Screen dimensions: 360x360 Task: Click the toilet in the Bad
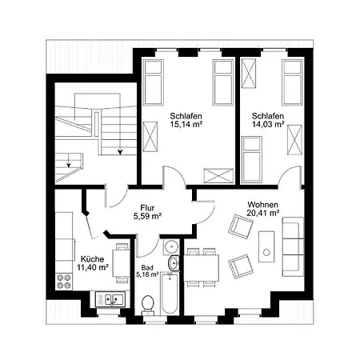tap(147, 305)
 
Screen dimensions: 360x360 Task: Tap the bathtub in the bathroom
tap(170, 294)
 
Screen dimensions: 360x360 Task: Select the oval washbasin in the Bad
tap(174, 263)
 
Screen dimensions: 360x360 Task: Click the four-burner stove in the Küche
tap(64, 282)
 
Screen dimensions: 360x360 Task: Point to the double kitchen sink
tap(110, 299)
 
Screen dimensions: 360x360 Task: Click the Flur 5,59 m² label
tap(147, 212)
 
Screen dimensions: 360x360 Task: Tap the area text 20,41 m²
tap(263, 213)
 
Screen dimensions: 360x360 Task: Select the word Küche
tap(93, 259)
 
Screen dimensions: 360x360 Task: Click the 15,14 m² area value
tap(186, 124)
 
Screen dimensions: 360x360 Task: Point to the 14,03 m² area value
tap(268, 124)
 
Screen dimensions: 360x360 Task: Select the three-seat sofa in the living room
tap(293, 246)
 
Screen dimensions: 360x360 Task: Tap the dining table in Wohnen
tap(202, 268)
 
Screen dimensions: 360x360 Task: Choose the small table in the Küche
tap(122, 263)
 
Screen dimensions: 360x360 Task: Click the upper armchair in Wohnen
tap(241, 226)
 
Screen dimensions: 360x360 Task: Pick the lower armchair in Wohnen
tap(241, 266)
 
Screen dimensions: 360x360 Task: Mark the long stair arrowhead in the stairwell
tap(121, 152)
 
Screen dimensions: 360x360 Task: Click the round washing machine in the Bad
tap(171, 246)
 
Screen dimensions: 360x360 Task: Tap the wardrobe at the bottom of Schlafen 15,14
tap(218, 176)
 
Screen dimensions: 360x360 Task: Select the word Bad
tap(147, 267)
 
